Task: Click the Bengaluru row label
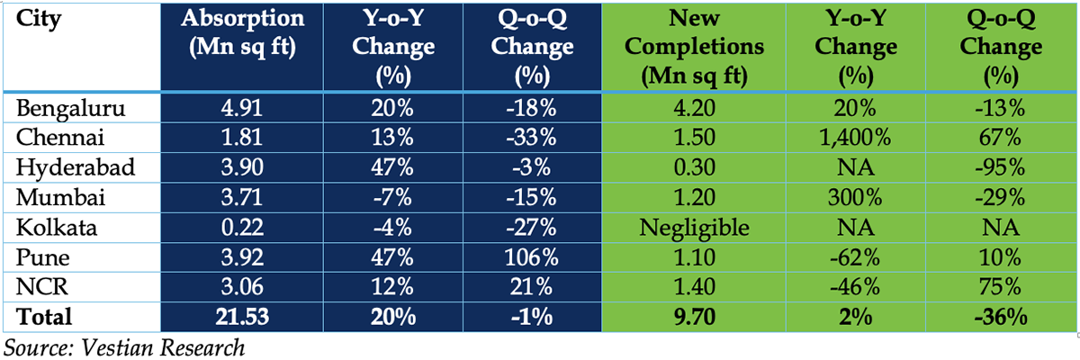(x=70, y=108)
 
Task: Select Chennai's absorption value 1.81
(x=241, y=138)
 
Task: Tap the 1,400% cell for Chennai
(x=855, y=139)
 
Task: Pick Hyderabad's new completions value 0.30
(x=694, y=167)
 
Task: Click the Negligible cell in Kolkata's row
(x=694, y=228)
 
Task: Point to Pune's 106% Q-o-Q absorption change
(x=531, y=257)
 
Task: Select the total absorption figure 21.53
(x=242, y=317)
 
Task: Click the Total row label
(x=44, y=317)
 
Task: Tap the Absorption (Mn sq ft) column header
(x=242, y=33)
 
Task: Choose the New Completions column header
(x=694, y=47)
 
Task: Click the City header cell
(x=39, y=20)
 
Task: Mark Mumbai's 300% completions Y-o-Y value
(x=855, y=198)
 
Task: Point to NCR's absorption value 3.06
(x=242, y=287)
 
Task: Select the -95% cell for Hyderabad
(x=1000, y=167)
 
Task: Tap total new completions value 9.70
(x=694, y=317)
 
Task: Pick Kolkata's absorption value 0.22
(x=242, y=228)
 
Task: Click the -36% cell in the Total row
(x=1001, y=317)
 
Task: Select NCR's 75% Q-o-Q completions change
(x=1000, y=287)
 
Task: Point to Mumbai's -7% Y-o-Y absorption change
(x=392, y=198)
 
